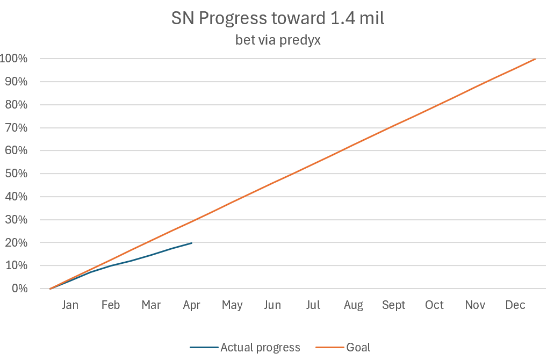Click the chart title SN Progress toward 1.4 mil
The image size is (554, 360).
[278, 18]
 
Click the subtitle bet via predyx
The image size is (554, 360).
[278, 40]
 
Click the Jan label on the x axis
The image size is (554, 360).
[70, 305]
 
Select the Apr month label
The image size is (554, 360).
[191, 305]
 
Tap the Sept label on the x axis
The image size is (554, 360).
[394, 305]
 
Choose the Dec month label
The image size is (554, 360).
[515, 305]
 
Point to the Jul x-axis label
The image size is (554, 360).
[313, 305]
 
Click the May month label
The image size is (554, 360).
[232, 305]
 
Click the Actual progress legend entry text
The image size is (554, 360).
[260, 348]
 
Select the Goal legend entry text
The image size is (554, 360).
[358, 348]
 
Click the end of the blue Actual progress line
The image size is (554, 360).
[192, 243]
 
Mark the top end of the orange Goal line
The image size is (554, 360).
[536, 59]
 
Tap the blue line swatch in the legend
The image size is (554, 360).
[204, 348]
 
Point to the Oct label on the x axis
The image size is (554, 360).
[434, 305]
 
